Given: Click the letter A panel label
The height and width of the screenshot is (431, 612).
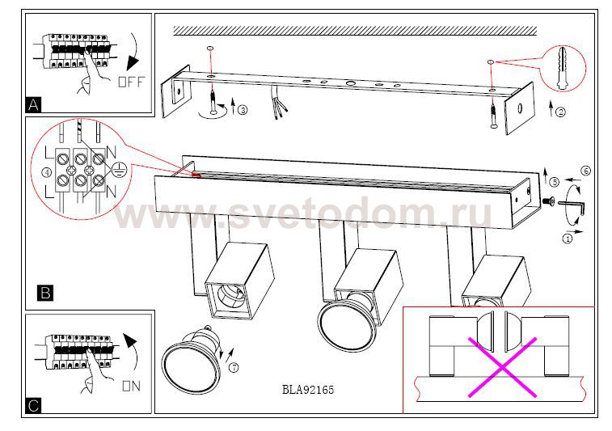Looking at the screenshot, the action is coord(34,104).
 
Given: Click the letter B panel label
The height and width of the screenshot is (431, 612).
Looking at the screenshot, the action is coord(45,293).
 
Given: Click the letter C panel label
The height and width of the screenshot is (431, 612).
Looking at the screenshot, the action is coord(34,405).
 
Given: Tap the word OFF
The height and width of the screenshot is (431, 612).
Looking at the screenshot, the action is coord(131,82).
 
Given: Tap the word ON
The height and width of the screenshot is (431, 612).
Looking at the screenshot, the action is coord(131,386).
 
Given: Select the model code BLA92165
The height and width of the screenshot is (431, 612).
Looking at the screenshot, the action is coord(308,390).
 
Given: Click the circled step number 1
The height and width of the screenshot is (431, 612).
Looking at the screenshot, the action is coord(568,238).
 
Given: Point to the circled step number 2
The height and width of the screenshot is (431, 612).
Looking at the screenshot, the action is coord(560,112).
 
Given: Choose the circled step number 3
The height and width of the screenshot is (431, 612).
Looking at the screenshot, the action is coord(243,110).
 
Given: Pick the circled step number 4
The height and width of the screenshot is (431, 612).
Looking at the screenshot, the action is coord(46,172).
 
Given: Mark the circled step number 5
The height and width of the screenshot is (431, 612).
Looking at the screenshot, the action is coord(554,181).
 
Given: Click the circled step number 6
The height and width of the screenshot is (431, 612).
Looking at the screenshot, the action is coord(585,171).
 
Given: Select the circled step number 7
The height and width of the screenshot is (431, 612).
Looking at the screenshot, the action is coord(234,367).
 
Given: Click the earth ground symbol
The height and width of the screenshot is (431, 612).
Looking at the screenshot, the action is coord(117,170).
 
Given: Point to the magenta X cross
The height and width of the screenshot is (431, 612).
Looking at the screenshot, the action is coord(503,367).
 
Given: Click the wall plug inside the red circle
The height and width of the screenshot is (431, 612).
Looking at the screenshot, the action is coord(562,69).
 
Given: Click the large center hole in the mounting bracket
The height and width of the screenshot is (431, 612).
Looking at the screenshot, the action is coord(350,83).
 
